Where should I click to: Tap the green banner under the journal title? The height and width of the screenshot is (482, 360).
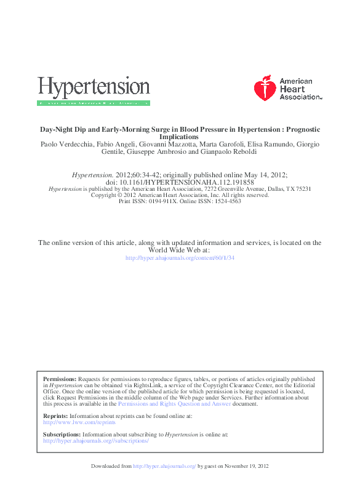coord(94,103)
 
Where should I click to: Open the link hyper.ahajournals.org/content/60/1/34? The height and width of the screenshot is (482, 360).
coord(180,258)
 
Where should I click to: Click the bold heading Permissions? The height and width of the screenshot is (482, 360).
coord(60,379)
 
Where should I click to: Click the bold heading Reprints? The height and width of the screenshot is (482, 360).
coord(55,416)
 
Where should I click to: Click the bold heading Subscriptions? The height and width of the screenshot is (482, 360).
coord(62,435)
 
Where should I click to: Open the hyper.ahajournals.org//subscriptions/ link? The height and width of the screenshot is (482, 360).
coord(95,441)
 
